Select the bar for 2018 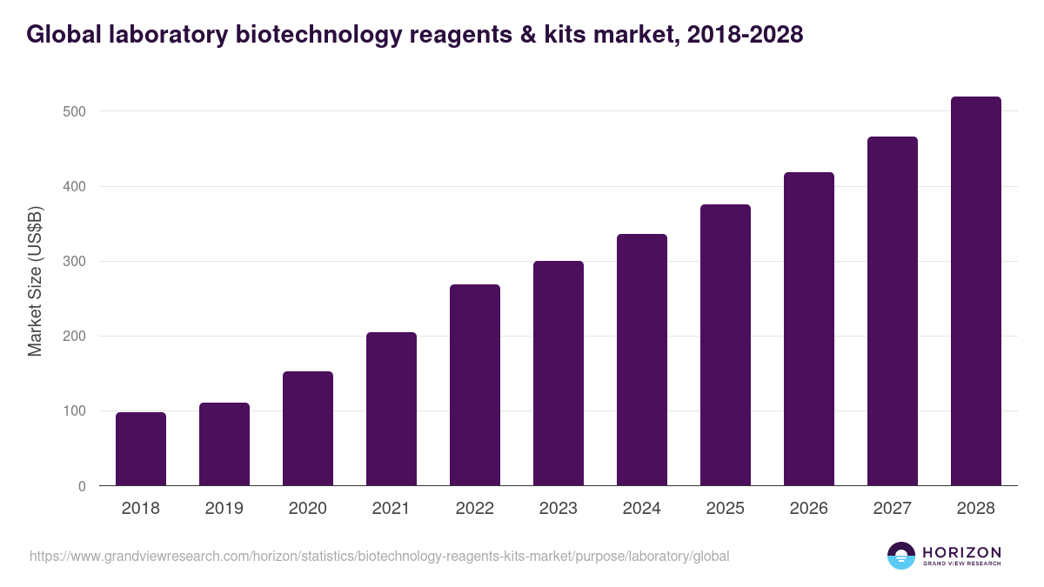point(141,449)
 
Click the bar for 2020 point(308,429)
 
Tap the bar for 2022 point(475,385)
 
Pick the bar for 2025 point(726,345)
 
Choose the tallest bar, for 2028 point(976,291)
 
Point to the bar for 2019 point(224,444)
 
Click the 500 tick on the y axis point(74,111)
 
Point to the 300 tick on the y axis point(74,262)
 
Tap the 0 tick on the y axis point(82,486)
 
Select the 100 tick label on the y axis point(74,411)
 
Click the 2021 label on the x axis point(391,509)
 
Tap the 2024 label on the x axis point(642,509)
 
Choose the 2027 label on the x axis point(893,509)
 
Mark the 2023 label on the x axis point(559,509)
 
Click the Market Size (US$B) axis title point(35,281)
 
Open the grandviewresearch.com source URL point(379,556)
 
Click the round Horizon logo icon point(901,556)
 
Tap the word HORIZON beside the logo point(961,552)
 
